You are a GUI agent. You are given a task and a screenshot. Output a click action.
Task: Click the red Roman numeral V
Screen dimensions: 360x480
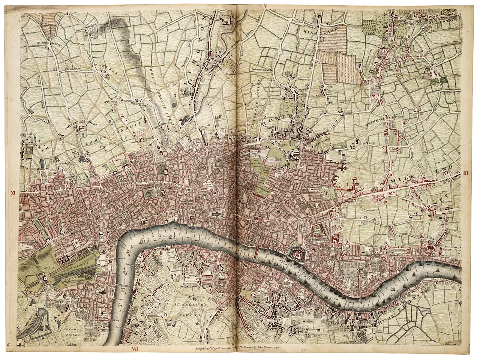pos(265,6)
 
